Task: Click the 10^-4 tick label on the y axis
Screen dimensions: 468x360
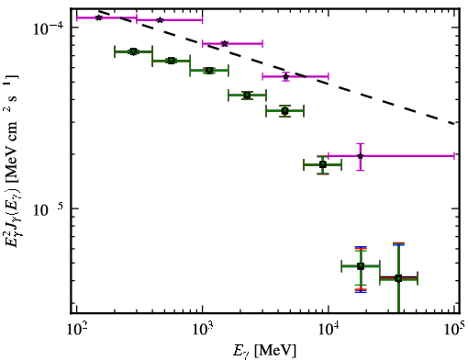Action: [49, 28]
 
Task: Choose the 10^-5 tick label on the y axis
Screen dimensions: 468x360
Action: [49, 209]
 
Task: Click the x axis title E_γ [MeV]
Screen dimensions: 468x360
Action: [264, 351]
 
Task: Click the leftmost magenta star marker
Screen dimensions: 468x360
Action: [99, 17]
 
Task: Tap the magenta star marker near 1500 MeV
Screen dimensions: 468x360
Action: [225, 43]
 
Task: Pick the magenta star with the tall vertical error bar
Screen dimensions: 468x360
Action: [361, 156]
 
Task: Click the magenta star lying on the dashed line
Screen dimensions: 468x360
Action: [285, 76]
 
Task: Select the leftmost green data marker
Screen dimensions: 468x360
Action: [133, 51]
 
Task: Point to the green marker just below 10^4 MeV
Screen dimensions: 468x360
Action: [323, 164]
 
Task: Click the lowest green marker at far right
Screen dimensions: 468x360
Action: [398, 278]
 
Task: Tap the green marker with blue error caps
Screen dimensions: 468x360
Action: [361, 266]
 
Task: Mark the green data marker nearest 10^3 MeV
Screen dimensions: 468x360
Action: [209, 71]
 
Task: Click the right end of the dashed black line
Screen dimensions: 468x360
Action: [455, 123]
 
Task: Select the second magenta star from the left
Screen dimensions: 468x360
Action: [160, 20]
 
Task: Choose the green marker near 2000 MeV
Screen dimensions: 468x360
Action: [247, 96]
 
